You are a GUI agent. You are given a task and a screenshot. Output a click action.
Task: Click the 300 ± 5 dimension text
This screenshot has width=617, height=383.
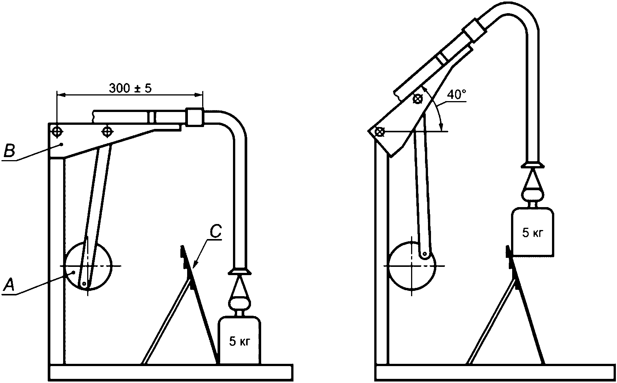[x=130, y=88]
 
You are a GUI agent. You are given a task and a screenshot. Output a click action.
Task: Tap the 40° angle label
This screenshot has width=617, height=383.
[x=457, y=94]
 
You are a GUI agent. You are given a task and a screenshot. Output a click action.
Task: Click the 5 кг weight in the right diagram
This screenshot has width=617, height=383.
[x=532, y=233]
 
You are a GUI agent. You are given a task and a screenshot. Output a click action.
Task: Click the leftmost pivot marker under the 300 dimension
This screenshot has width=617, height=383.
[x=57, y=131]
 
